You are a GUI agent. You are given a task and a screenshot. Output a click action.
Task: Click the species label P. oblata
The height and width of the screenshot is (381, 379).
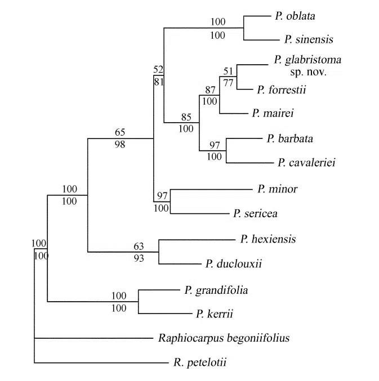(295, 16)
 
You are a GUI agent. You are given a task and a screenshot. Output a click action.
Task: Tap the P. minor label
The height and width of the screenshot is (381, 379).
(277, 189)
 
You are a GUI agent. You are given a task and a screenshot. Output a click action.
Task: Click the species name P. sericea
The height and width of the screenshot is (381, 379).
(255, 214)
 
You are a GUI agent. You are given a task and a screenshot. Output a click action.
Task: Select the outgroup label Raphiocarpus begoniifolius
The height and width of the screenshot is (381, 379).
(224, 338)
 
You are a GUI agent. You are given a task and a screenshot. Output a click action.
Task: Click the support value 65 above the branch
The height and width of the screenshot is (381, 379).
(119, 132)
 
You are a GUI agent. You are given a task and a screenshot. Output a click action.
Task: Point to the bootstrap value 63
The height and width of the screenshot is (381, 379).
(139, 246)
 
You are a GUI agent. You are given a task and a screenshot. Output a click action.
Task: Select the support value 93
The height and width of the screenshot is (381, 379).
(139, 258)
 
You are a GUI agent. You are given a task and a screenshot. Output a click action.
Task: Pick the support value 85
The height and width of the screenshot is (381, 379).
(186, 118)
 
